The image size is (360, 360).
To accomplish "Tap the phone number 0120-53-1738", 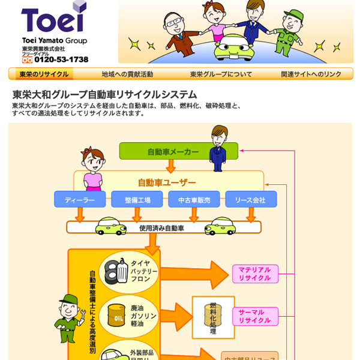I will click(61, 59).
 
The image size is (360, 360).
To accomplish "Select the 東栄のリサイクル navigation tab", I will click(44, 74).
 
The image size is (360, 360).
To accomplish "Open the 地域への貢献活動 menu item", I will click(127, 74).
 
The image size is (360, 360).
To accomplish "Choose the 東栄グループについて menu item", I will click(221, 74).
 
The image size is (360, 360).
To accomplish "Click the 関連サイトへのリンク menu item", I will click(311, 74).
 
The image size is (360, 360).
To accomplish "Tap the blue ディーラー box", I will click(80, 200).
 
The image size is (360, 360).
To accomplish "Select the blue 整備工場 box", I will click(137, 200).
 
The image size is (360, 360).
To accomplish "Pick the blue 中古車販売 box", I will click(194, 200).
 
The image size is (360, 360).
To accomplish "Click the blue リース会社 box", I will click(251, 200).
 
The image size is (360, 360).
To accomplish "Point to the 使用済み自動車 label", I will click(161, 228).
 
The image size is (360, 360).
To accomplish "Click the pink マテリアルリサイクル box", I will click(255, 274).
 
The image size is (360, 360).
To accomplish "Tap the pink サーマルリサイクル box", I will click(255, 316).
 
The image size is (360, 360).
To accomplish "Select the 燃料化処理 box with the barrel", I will click(213, 317).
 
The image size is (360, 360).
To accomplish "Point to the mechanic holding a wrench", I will click(67, 317).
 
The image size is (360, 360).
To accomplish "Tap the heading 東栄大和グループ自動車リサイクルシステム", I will click(105, 95).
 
